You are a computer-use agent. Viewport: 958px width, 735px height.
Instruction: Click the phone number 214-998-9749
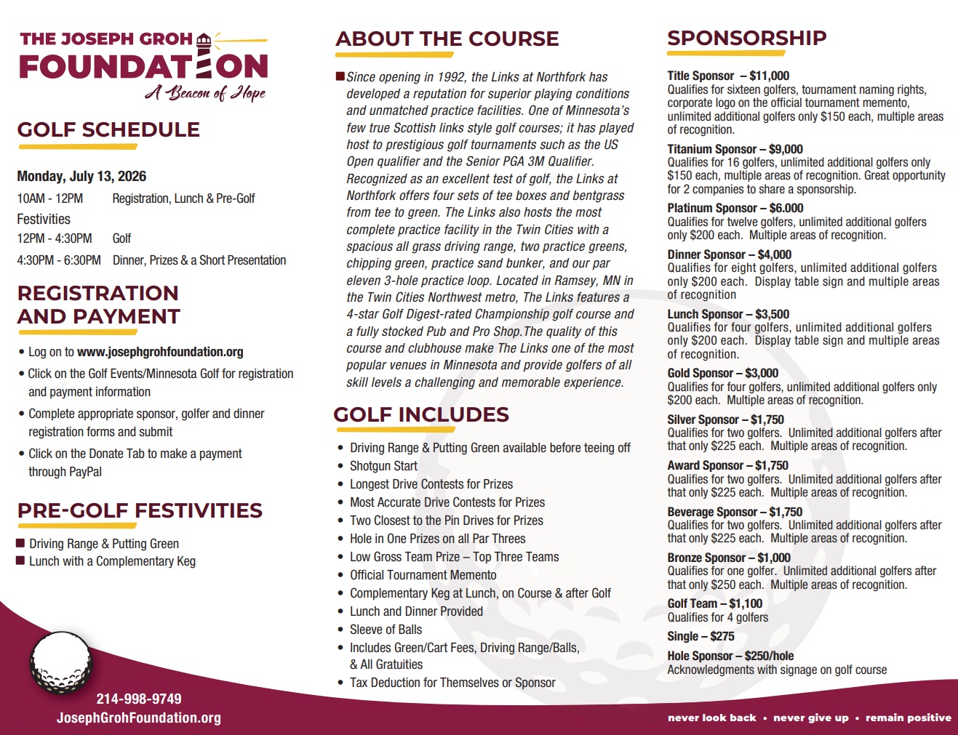(x=139, y=699)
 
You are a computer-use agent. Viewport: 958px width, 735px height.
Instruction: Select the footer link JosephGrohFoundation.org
(x=139, y=718)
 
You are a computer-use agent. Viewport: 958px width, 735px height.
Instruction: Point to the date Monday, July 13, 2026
(x=81, y=177)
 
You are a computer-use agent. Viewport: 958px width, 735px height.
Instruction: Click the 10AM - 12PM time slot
(x=50, y=198)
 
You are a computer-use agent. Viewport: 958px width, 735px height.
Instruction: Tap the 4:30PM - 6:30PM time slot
(x=59, y=260)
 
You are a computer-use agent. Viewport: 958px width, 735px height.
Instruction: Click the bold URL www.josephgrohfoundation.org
(x=160, y=352)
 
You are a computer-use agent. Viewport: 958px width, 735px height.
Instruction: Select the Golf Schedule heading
(x=108, y=130)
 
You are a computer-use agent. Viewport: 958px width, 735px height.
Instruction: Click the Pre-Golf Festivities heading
(x=140, y=510)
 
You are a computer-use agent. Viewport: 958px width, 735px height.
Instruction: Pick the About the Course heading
(x=447, y=39)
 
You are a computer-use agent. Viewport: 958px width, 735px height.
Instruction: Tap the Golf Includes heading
(x=421, y=415)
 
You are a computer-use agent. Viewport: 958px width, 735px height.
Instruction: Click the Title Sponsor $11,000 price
(x=769, y=76)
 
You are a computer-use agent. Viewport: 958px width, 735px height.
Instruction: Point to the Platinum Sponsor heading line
(x=735, y=208)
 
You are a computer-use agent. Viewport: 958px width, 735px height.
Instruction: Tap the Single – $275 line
(x=700, y=636)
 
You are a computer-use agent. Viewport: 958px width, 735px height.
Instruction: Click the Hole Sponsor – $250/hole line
(x=730, y=656)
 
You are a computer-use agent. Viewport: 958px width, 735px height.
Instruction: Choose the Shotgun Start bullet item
(x=383, y=466)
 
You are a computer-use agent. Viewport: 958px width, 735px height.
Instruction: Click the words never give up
(x=810, y=718)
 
